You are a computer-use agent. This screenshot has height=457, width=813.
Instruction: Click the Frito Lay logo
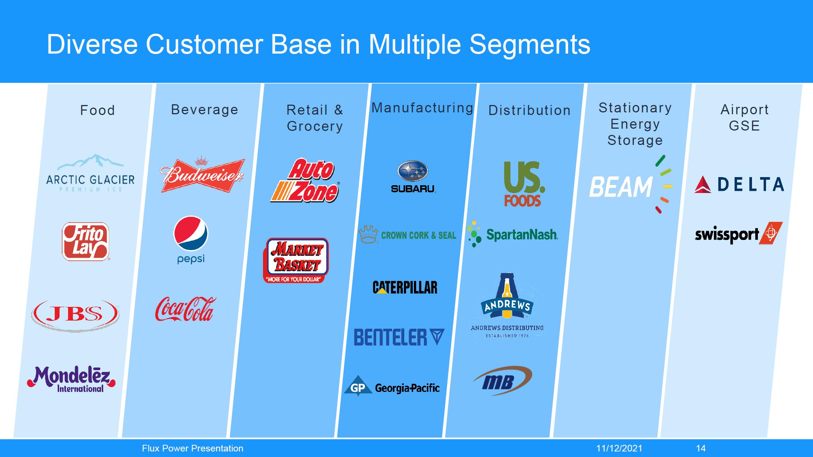point(85,241)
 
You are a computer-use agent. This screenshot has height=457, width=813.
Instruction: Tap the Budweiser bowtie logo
point(202,175)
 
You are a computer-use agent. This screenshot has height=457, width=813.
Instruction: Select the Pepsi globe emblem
point(191,233)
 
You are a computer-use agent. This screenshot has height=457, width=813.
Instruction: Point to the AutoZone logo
point(305,180)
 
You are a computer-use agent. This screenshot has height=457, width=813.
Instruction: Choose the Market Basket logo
point(296,260)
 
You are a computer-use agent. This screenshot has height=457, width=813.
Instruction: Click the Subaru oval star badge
point(413,171)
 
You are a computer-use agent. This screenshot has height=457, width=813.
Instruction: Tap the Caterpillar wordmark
point(405,287)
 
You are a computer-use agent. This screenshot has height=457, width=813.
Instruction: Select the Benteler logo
point(399,337)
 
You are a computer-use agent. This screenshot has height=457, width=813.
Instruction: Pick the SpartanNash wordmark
point(522,234)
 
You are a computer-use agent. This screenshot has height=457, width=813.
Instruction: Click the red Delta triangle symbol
point(703,185)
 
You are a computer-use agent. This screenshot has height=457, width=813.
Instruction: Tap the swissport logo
point(739,234)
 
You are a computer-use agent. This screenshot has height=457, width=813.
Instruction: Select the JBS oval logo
point(75,315)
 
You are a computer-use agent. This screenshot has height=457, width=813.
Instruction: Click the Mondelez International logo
point(71,379)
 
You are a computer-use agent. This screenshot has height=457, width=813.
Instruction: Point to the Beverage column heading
point(205,109)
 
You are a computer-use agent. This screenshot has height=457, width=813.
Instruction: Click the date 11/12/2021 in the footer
point(619,448)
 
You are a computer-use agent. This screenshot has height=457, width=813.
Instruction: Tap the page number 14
point(701,448)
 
